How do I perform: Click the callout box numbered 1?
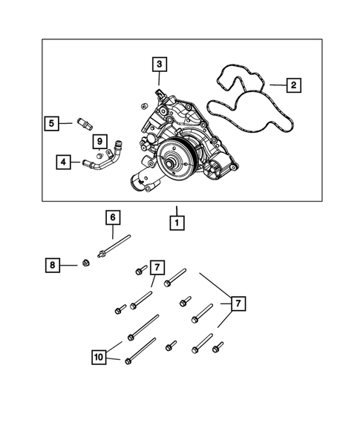click(177, 220)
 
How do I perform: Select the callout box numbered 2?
click(294, 86)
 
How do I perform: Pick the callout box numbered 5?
click(50, 123)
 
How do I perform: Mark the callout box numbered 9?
click(98, 141)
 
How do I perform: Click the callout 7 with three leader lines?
click(238, 303)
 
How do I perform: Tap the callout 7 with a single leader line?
click(156, 267)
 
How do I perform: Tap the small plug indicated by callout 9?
click(96, 155)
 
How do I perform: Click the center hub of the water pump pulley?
click(174, 158)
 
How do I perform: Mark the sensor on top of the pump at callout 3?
click(158, 94)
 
